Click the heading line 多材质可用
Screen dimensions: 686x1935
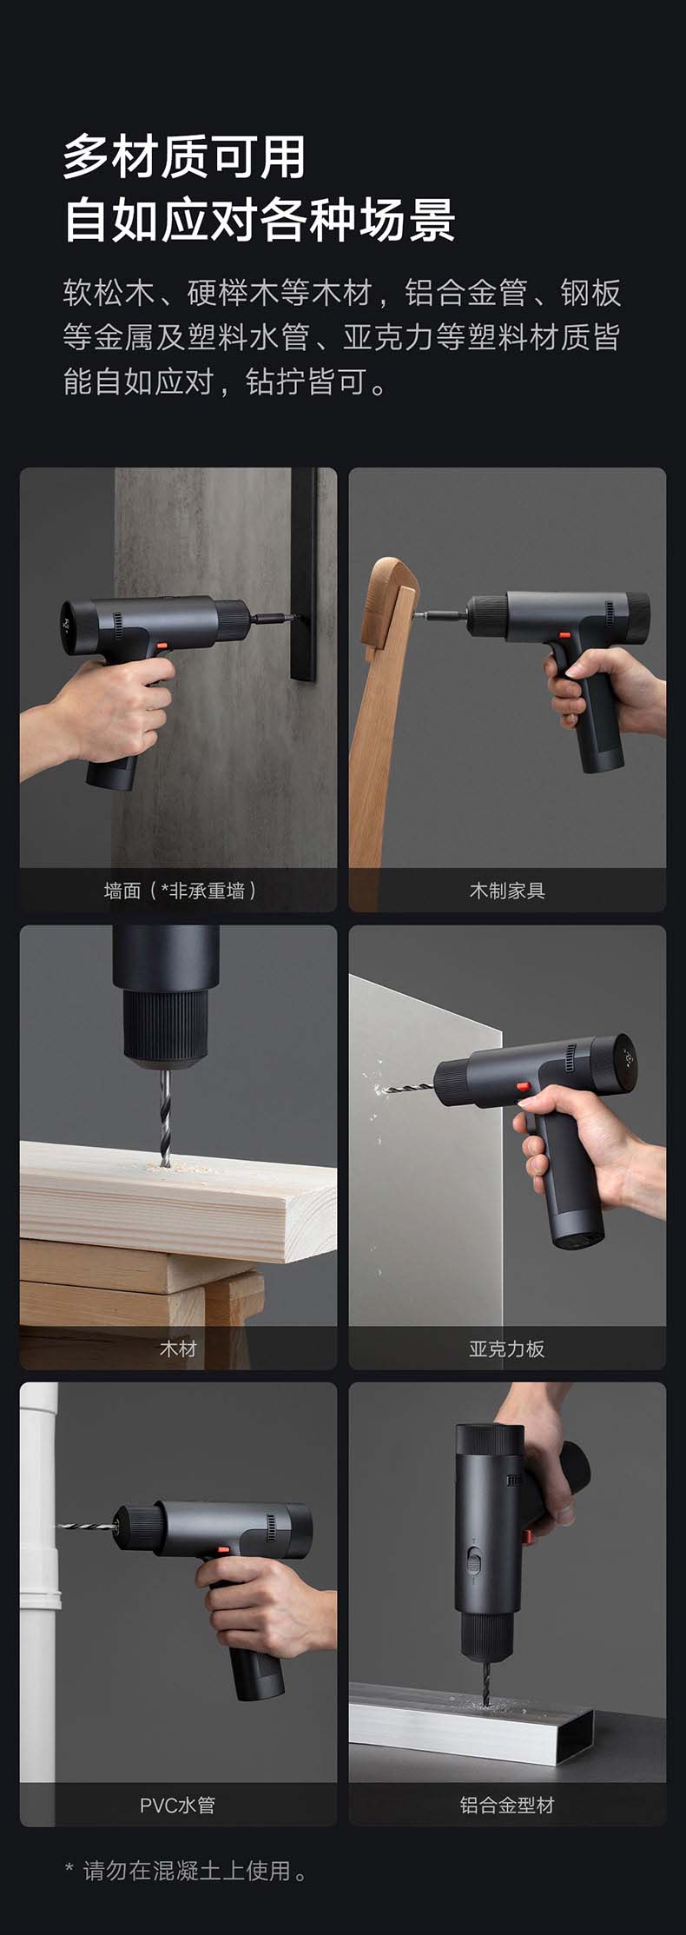[x=185, y=157]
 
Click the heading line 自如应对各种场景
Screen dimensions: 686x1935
[x=260, y=220]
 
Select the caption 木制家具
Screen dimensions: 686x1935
[x=507, y=891]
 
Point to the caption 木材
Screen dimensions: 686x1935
[x=178, y=1349]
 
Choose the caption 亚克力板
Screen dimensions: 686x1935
[x=507, y=1349]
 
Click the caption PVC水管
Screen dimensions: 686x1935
[x=177, y=1806]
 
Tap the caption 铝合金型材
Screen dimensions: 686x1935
[x=507, y=1806]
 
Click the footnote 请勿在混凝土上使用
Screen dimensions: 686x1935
[x=187, y=1872]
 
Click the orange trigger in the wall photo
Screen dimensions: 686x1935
[x=162, y=646]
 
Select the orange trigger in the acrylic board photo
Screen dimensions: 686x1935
[x=523, y=1087]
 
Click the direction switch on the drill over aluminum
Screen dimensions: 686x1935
[x=473, y=1559]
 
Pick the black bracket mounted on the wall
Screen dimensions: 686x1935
[x=303, y=574]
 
